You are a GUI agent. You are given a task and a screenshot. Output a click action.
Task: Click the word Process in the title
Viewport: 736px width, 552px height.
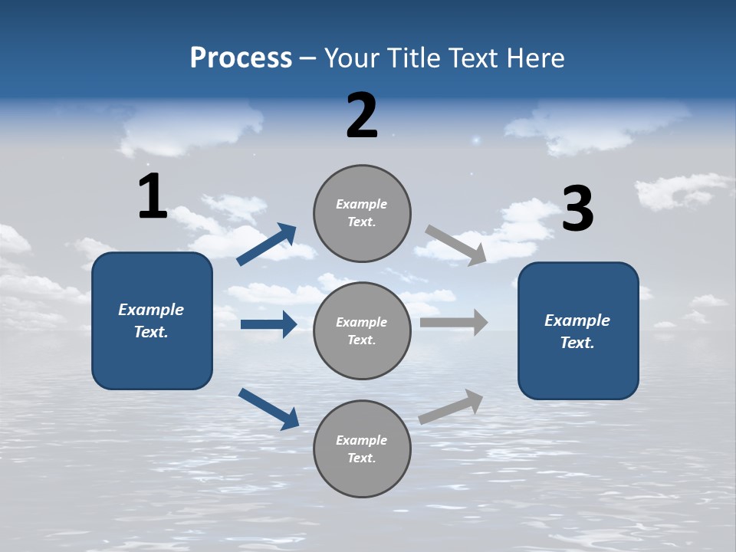241,58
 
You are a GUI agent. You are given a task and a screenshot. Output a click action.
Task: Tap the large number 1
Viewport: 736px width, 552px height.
153,196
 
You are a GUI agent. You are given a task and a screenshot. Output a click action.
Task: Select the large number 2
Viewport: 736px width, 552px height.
362,116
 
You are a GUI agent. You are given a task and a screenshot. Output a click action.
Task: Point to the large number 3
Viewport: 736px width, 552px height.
577,209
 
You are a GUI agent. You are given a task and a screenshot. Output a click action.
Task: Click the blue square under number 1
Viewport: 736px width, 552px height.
152,320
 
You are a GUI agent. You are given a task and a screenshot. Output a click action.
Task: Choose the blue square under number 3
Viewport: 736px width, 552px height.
578,331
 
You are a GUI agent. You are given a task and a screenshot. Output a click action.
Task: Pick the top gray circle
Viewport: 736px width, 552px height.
362,212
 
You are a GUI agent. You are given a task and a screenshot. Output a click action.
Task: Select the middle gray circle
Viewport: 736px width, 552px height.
362,330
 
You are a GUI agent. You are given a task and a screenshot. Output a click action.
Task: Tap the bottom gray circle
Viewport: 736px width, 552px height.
362,449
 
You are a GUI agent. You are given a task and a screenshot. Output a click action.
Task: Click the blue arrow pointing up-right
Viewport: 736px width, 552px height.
267,245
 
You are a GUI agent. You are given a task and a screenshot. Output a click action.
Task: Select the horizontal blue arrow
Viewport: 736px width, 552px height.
268,324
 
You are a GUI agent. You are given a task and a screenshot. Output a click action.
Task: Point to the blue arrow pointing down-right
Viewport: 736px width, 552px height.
268,408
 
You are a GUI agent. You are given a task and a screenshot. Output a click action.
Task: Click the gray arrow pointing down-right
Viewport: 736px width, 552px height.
455,245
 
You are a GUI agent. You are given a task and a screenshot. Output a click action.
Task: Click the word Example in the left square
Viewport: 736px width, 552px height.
151,310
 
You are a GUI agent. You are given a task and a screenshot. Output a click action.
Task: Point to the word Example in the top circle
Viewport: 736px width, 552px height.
361,204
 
